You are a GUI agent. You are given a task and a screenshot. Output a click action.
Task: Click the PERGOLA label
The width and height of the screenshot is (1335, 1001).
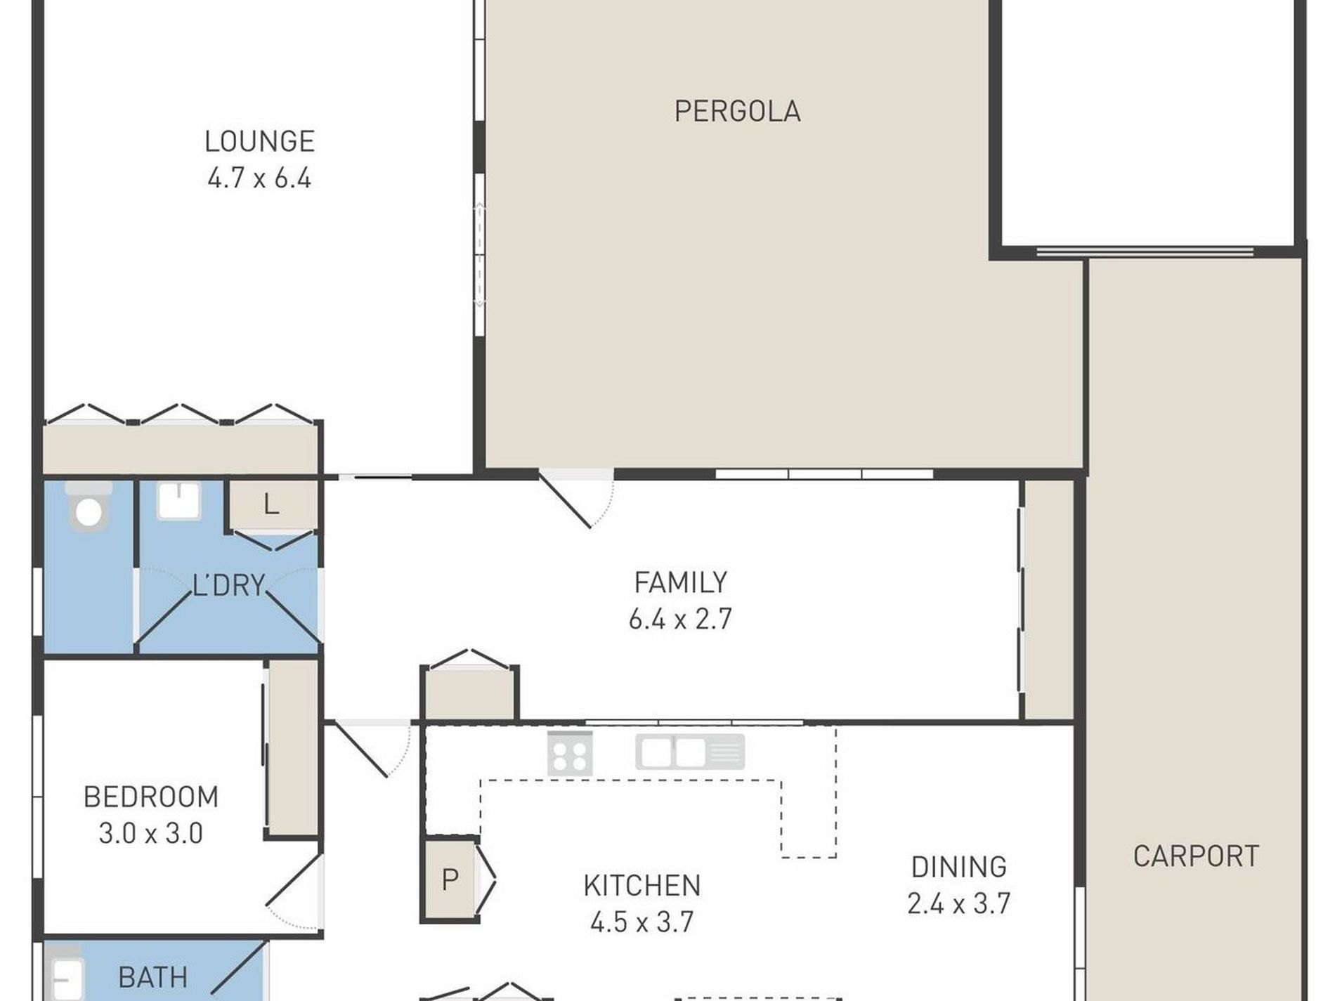tap(737, 112)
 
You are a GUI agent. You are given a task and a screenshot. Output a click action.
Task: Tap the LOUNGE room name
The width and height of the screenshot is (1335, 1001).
tap(259, 142)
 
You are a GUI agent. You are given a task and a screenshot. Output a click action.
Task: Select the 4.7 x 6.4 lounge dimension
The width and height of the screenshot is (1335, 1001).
tap(259, 178)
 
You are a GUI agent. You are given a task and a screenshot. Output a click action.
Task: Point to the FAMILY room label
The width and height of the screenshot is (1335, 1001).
tap(680, 582)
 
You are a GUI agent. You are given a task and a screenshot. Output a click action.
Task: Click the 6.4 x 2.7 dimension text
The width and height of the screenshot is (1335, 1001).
tap(680, 620)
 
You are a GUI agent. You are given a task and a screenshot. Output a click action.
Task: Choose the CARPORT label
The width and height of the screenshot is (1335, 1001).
tap(1196, 856)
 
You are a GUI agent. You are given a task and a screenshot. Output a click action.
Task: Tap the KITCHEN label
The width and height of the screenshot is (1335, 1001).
tap(642, 886)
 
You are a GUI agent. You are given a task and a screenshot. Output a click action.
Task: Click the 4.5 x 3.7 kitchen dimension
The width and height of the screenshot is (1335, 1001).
tap(642, 922)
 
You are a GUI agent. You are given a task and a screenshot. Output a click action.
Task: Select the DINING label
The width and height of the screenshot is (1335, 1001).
tap(958, 867)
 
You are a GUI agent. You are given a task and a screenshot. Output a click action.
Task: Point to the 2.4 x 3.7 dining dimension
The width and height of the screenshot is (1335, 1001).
tap(958, 903)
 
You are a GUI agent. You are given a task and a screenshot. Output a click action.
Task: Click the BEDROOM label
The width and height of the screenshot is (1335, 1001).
tap(151, 797)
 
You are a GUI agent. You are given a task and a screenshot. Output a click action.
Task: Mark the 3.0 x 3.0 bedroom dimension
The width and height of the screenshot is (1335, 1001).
tap(151, 834)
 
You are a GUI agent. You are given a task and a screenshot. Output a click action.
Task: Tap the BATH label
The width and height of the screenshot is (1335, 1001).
tap(152, 978)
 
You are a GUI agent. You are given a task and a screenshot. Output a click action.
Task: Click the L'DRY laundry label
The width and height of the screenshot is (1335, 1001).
tap(229, 585)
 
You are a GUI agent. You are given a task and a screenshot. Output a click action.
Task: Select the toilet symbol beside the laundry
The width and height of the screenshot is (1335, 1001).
tap(89, 505)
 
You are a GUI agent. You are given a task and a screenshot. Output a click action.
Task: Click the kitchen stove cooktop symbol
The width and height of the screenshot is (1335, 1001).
tap(570, 753)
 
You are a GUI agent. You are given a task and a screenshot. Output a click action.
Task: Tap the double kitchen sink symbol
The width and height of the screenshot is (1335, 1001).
tap(690, 752)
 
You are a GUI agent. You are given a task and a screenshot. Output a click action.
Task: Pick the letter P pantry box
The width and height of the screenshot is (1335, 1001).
tap(450, 879)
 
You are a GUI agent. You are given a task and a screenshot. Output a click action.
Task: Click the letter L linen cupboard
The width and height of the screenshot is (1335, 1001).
tap(271, 504)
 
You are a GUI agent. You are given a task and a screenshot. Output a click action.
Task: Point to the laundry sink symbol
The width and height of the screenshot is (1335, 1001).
tap(178, 500)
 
